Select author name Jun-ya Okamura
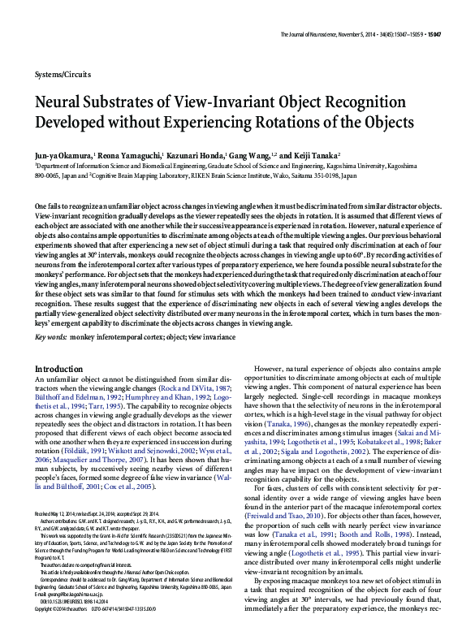pyautogui.click(x=63, y=154)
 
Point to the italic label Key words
pyautogui.click(x=51, y=336)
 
